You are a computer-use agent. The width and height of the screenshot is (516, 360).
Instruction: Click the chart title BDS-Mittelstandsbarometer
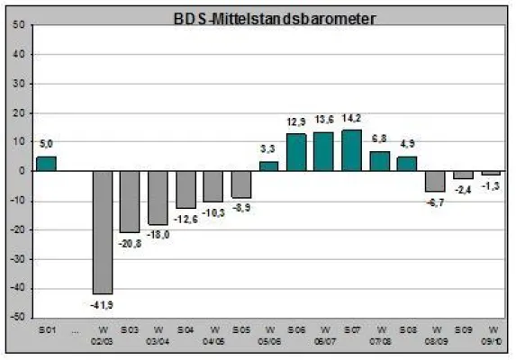pos(261,17)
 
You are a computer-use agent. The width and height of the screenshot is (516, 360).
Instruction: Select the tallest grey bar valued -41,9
pos(103,232)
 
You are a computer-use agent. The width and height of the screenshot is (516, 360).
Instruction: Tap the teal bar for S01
pos(45,164)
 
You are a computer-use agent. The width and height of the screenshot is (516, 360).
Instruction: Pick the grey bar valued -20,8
pos(130,201)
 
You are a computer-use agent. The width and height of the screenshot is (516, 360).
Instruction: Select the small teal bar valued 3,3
pos(268,166)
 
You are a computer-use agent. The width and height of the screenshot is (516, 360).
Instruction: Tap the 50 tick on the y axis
pos(19,23)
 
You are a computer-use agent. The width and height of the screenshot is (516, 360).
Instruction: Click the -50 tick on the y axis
pos(17,318)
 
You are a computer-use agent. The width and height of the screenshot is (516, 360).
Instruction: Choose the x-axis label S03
pos(130,330)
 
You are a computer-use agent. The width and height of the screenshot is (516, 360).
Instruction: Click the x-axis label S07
pos(352,330)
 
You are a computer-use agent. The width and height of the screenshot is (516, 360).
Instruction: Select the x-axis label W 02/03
pos(103,335)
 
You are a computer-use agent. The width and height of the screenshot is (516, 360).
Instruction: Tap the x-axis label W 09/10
pos(492,335)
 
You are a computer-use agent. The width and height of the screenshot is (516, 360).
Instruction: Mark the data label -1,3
pos(492,185)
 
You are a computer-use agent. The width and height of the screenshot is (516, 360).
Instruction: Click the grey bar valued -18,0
pos(158,197)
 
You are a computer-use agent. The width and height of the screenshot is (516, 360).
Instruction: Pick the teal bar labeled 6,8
pos(380,161)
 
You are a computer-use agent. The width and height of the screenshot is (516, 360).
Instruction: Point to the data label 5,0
pos(47,144)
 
